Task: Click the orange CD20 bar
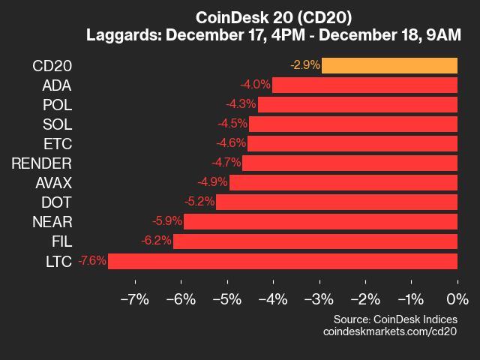click(389, 65)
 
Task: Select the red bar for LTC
click(283, 261)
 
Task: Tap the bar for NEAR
click(320, 221)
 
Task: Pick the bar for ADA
click(364, 85)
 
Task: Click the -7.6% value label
click(91, 261)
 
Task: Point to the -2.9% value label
click(304, 65)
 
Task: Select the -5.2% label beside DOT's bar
click(199, 202)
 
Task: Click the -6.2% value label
click(156, 241)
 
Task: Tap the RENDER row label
click(42, 163)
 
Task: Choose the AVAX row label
click(53, 182)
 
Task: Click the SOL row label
click(58, 124)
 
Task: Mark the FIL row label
click(61, 241)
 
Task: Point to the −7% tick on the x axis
click(135, 300)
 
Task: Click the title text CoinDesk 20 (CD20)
click(274, 16)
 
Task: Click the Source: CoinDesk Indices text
click(395, 318)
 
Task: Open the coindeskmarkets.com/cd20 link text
click(390, 331)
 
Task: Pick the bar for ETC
click(352, 143)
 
